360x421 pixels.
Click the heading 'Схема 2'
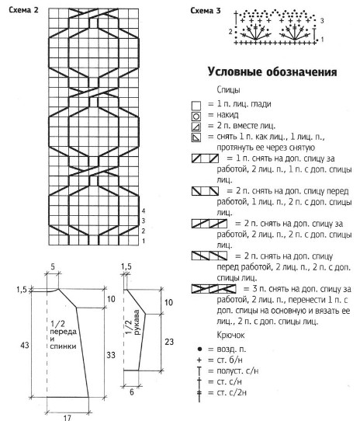point(23,10)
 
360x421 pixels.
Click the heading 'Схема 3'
point(206,10)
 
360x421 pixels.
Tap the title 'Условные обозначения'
point(272,72)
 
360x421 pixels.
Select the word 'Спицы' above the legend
point(228,90)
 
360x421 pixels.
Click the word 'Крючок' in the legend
point(230,336)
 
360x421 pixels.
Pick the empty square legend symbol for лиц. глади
point(196,106)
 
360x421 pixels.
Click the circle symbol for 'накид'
point(196,117)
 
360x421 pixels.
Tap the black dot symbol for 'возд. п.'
point(199,349)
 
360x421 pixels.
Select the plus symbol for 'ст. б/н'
point(199,360)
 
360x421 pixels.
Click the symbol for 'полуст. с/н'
point(199,371)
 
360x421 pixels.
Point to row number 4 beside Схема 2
point(144,210)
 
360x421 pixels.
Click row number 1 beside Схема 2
point(144,241)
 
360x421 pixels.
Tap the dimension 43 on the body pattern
point(24,345)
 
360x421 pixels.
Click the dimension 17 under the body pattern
point(67,418)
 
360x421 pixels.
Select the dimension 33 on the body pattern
point(111,355)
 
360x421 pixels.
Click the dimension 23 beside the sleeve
point(169,342)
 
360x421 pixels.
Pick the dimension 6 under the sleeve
point(131,392)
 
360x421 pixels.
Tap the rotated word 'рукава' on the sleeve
point(137,322)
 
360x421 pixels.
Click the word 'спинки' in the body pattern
point(63,346)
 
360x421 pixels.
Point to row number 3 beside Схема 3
point(322,20)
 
